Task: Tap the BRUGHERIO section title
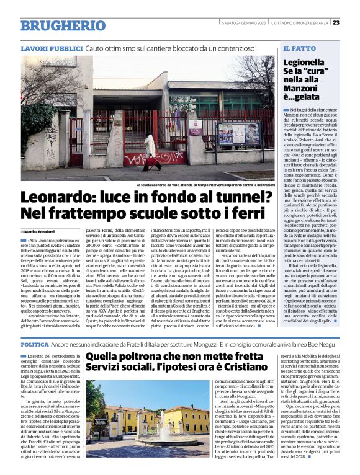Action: tap(55, 25)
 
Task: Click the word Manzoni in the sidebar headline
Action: tap(305, 89)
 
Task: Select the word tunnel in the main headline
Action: tap(223, 198)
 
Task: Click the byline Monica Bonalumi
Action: tap(42, 231)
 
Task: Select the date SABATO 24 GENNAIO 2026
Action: tap(247, 24)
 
